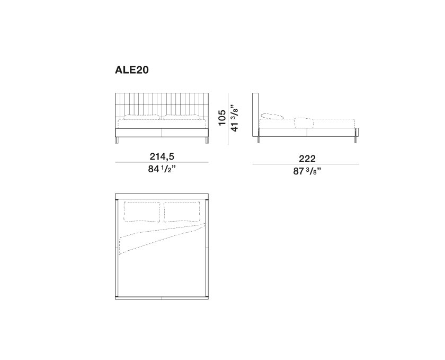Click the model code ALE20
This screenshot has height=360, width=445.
132,70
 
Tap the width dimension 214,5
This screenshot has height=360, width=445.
162,156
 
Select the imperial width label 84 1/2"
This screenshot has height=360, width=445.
162,169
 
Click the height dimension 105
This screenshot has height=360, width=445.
222,118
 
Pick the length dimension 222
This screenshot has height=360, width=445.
307,159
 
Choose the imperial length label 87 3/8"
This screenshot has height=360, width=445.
307,171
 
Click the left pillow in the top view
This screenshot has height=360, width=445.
142,212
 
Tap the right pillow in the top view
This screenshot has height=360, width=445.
182,212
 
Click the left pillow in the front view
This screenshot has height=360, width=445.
142,117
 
